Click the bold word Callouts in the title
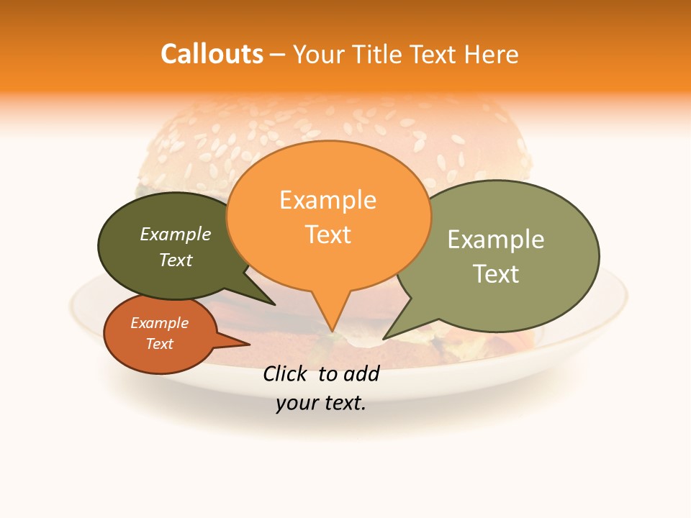click(x=212, y=54)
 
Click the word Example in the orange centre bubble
click(x=328, y=200)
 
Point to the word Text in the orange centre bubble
click(x=328, y=235)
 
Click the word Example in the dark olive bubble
click(x=176, y=234)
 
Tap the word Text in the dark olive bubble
click(x=176, y=260)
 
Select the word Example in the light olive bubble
click(x=496, y=240)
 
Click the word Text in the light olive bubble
click(x=496, y=274)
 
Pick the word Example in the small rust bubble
click(x=160, y=323)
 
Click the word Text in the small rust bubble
click(x=160, y=344)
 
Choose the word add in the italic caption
click(x=361, y=373)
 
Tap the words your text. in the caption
click(x=321, y=403)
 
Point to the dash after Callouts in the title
click(x=278, y=55)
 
